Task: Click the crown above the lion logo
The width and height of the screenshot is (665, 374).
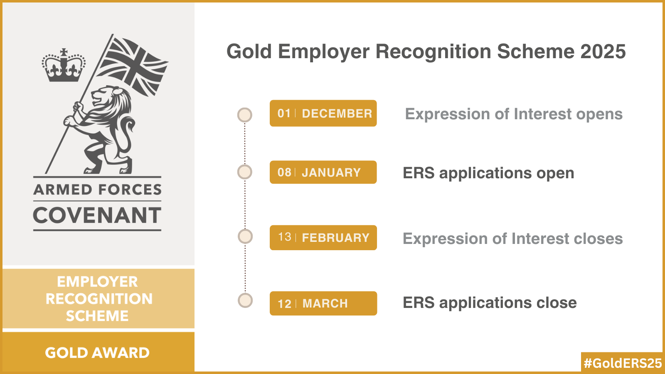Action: coord(64,65)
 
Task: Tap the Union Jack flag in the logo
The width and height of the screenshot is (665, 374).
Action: coord(133,67)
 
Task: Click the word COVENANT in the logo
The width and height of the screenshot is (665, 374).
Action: coord(97,215)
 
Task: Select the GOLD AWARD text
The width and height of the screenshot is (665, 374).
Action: coord(97,353)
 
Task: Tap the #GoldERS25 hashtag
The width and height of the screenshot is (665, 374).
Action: coord(623,363)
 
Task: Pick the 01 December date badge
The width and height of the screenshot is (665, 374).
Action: coord(323,113)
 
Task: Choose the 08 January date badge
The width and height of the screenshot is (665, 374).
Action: coord(323,172)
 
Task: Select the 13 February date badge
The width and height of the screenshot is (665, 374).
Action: coord(323,237)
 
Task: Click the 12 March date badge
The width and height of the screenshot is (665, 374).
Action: coord(323,303)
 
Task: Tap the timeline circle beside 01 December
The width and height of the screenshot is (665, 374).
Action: coord(245,115)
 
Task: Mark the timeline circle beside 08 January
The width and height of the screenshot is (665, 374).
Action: coord(245,172)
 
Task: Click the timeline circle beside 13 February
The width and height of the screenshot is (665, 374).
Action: coord(245,236)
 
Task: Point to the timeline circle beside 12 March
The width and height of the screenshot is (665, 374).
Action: coord(245,300)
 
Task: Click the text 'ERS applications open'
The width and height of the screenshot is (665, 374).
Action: coord(488,173)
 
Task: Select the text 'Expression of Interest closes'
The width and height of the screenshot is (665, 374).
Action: coord(513,239)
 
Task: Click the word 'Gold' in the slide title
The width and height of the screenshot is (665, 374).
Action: coord(249,52)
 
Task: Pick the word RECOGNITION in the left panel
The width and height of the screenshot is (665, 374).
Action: coord(99,299)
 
